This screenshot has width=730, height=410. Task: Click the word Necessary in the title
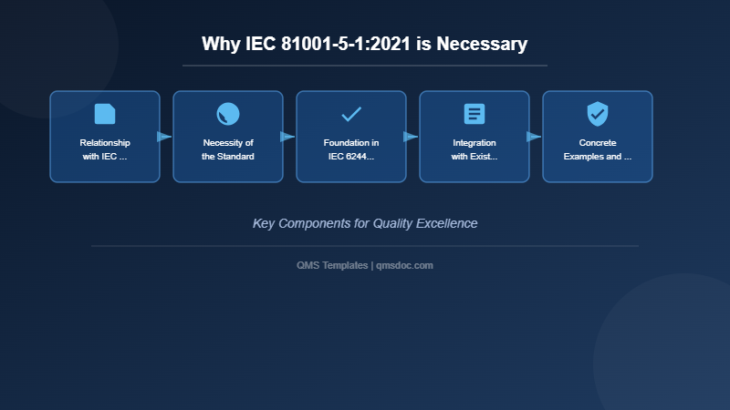pos(482,44)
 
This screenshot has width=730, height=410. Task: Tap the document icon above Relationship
pos(105,114)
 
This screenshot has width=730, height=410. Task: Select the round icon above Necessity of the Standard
pos(228,114)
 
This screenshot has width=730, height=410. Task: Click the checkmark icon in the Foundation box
pos(351,114)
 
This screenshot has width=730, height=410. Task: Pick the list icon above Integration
pos(474,114)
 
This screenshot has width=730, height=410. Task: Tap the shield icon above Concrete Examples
pos(598,114)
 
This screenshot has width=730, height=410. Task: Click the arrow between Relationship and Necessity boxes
pos(164,137)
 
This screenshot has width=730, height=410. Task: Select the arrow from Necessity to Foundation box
pos(287,137)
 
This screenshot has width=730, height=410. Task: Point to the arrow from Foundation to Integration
pos(411,137)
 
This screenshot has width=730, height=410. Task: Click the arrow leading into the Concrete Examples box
pos(534,137)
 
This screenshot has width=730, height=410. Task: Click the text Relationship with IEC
pos(105,149)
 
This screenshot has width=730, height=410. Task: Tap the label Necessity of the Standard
pos(228,149)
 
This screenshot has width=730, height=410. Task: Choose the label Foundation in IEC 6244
pos(351,149)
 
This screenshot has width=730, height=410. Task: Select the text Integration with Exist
pos(474,149)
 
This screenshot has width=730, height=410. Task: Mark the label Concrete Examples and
pos(598,149)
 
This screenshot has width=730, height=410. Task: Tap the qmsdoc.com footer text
pos(405,265)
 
